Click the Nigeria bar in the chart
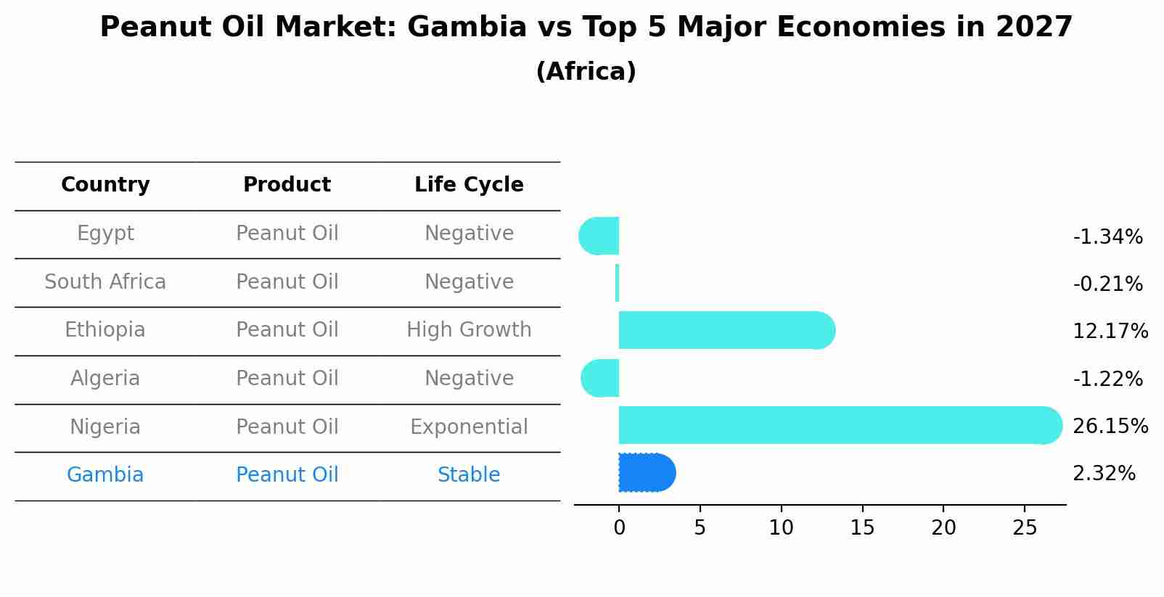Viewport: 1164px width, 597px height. click(x=835, y=425)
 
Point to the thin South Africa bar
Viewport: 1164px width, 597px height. click(x=617, y=283)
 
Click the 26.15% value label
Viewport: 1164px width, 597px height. click(x=1110, y=427)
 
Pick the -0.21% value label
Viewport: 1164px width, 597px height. click(x=1107, y=284)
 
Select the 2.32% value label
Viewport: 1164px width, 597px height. click(x=1104, y=474)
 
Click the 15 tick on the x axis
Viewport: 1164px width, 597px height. click(x=862, y=528)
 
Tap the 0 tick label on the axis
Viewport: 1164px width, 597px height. click(x=619, y=528)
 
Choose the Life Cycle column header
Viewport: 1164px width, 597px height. click(x=469, y=185)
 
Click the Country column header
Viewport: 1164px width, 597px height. click(x=105, y=185)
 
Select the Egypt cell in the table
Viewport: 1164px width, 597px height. click(x=105, y=234)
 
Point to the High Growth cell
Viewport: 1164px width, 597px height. click(x=469, y=330)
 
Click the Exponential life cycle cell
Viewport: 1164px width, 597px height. click(x=469, y=427)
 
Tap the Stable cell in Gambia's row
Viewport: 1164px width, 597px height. click(x=469, y=475)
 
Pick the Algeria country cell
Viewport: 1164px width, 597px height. click(x=105, y=379)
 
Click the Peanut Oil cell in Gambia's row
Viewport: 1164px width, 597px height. click(x=287, y=475)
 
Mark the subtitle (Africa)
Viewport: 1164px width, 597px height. click(x=586, y=72)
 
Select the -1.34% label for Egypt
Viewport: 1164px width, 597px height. click(x=1107, y=237)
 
